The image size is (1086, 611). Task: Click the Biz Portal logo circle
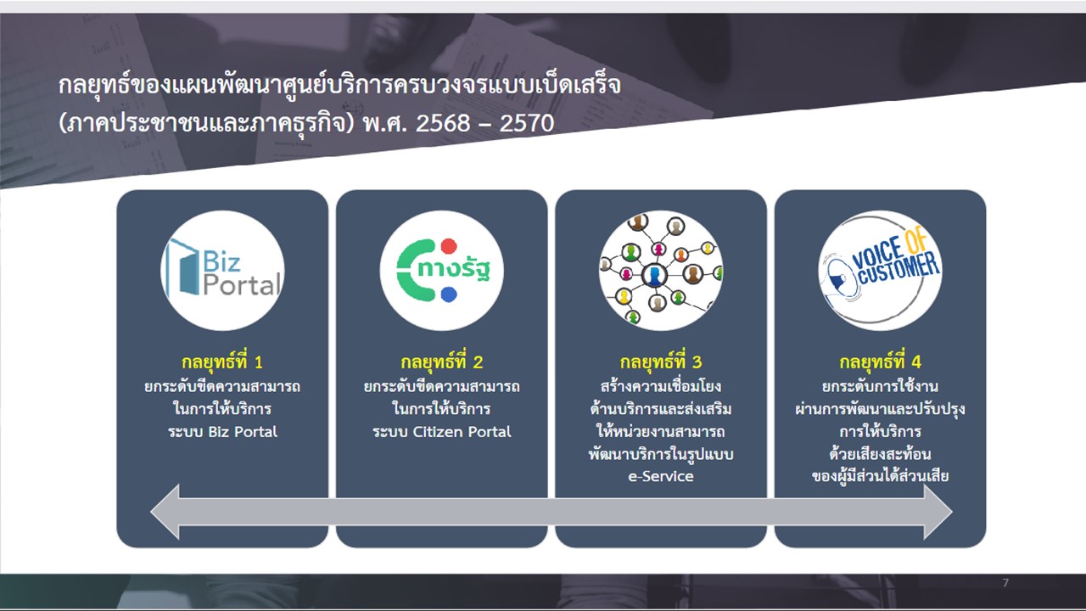coord(222,271)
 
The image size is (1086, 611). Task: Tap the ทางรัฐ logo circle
coord(442,271)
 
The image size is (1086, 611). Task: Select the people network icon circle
coord(661,271)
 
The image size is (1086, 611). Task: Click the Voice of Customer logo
coord(880,271)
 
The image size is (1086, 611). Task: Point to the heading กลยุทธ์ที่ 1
coord(222,362)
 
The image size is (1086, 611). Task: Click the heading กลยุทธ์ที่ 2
coord(442,362)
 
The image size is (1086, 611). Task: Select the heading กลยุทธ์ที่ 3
coord(661,362)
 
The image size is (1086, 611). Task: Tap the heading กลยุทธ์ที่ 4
coord(880,362)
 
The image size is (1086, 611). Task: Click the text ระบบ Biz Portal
coord(222,432)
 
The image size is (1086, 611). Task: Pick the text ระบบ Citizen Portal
coord(442,432)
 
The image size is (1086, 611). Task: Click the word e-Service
coord(661,476)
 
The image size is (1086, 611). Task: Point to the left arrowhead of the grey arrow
coord(165,512)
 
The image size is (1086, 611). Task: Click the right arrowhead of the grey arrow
coord(938,512)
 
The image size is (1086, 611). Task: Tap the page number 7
coord(1005,582)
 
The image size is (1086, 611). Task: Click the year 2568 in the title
coord(443,123)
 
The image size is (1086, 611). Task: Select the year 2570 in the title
coord(527,123)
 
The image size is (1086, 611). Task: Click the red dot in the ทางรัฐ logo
coord(449,246)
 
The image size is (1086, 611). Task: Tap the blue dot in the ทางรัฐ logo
coord(449,294)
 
